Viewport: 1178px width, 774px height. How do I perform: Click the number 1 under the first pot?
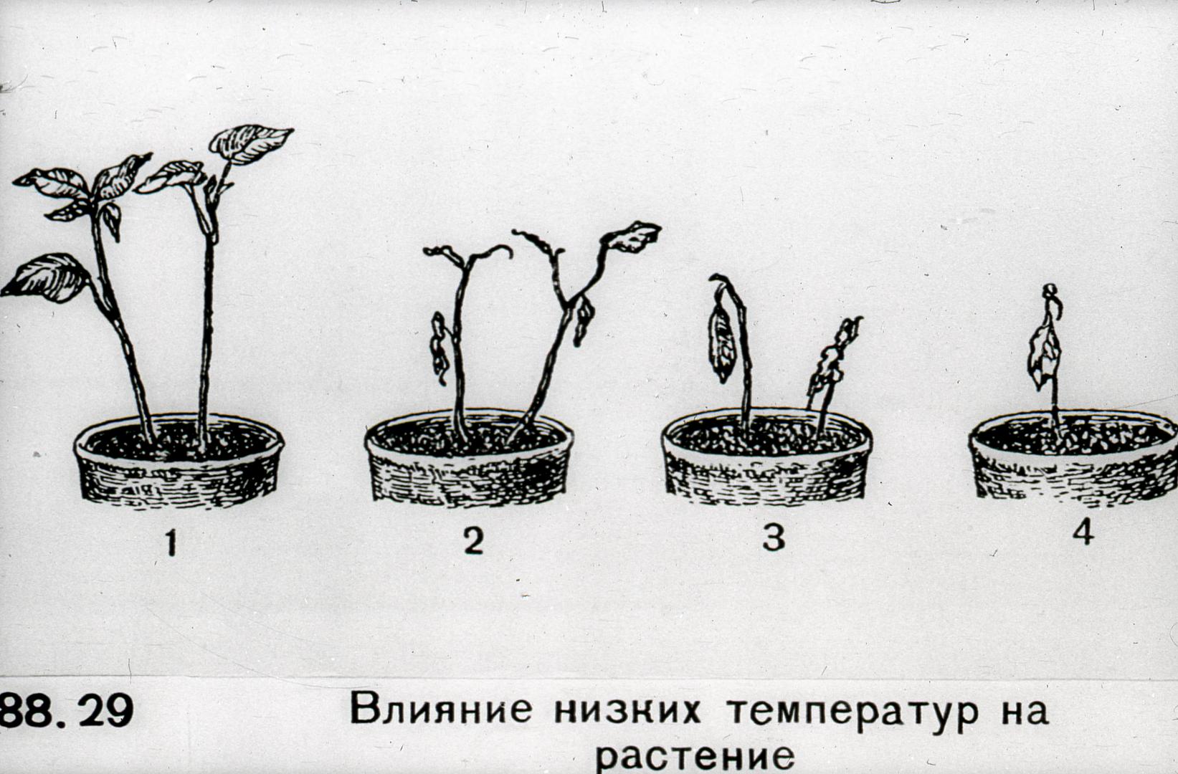click(x=171, y=542)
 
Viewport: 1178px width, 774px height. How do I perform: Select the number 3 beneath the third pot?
click(x=774, y=538)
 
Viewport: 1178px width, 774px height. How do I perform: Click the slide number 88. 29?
click(x=67, y=709)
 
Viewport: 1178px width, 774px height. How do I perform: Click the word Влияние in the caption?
click(x=441, y=709)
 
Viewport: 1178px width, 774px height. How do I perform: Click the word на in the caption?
click(x=1026, y=710)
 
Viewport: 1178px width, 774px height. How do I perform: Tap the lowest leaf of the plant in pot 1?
click(x=47, y=278)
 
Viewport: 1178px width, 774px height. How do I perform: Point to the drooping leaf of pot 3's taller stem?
click(x=721, y=343)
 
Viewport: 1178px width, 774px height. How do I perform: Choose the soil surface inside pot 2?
click(x=469, y=437)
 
